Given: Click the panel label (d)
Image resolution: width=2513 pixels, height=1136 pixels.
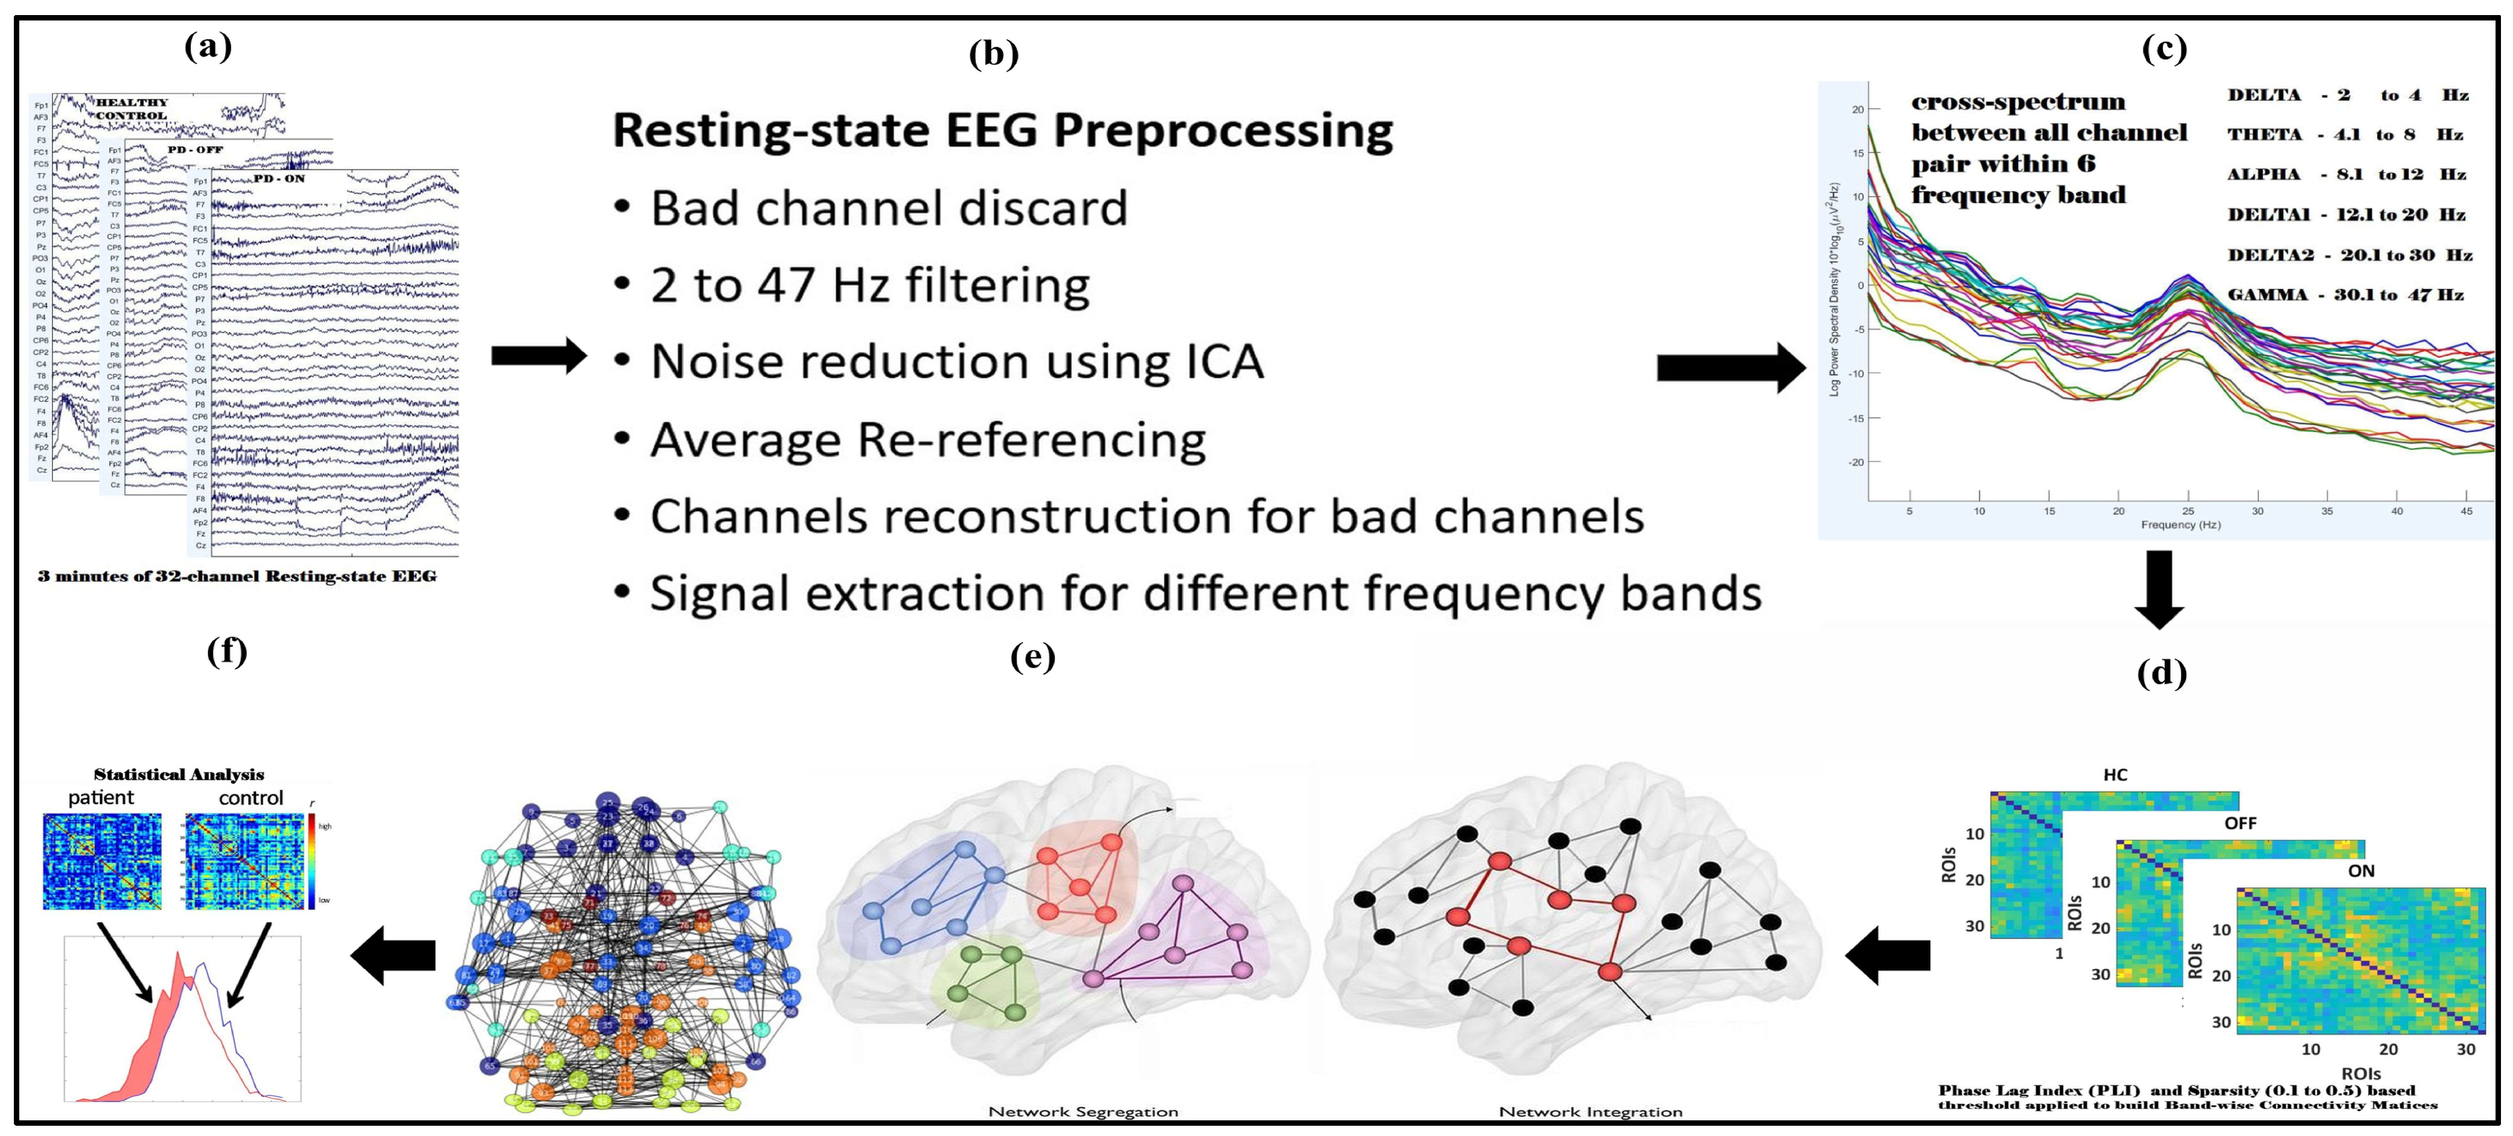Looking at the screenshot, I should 2161,673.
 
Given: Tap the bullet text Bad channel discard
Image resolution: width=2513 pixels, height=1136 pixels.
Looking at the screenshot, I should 888,208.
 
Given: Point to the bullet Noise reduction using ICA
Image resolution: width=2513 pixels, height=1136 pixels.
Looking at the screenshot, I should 956,362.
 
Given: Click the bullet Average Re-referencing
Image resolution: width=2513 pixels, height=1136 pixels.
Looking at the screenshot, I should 927,439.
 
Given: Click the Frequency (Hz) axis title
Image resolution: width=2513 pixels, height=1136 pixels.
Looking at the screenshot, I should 2181,525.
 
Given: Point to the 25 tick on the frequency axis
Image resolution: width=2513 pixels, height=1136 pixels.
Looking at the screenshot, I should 2188,510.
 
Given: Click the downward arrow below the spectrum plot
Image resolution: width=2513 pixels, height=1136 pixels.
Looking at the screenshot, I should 2159,589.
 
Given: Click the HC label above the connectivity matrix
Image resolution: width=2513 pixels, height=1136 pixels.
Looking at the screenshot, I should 2115,775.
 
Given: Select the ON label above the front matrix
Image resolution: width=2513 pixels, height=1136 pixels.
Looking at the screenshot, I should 2361,871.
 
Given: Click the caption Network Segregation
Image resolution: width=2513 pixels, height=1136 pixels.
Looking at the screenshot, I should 1083,1112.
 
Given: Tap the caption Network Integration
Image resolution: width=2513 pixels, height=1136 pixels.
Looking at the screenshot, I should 1590,1112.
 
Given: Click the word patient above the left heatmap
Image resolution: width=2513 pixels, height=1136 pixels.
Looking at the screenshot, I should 101,797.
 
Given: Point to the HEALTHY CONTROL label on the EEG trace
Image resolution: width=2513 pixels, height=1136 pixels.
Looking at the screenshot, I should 132,108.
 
